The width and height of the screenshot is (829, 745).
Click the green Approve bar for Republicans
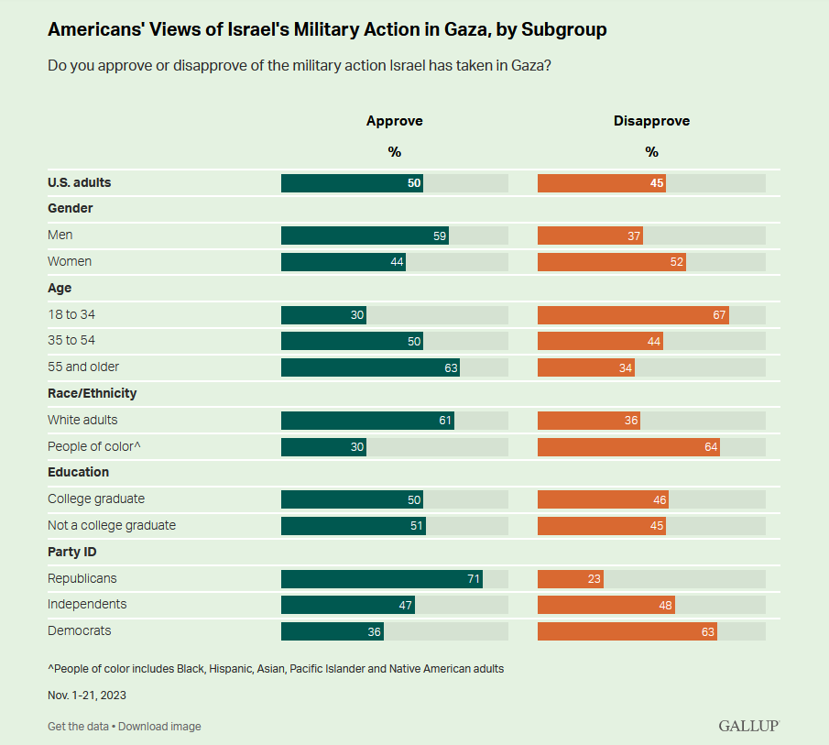pyautogui.click(x=381, y=579)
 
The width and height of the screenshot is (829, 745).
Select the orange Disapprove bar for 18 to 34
pyautogui.click(x=633, y=315)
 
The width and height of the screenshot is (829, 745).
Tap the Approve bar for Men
pyautogui.click(x=365, y=236)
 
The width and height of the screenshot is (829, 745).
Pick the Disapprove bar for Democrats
pyautogui.click(x=627, y=630)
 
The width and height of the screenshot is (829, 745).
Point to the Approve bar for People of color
pyautogui.click(x=323, y=447)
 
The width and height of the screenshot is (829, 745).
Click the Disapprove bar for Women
pyautogui.click(x=611, y=262)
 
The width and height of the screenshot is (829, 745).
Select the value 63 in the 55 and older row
pyautogui.click(x=449, y=367)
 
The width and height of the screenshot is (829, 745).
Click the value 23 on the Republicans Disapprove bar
pyautogui.click(x=594, y=579)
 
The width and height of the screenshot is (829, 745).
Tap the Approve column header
pyautogui.click(x=394, y=121)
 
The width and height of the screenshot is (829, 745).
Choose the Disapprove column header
pyautogui.click(x=651, y=121)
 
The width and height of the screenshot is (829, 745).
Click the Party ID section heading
pyautogui.click(x=72, y=553)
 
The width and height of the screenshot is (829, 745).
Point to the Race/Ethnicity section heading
pyautogui.click(x=92, y=393)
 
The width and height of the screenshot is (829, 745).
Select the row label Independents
pyautogui.click(x=87, y=605)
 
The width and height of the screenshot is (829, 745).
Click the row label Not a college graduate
pyautogui.click(x=112, y=526)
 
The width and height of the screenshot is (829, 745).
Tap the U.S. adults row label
pyautogui.click(x=79, y=183)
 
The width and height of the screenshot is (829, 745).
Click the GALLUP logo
pyautogui.click(x=748, y=726)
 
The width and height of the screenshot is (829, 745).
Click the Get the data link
pyautogui.click(x=78, y=727)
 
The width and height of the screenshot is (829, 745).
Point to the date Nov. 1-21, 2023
pyautogui.click(x=87, y=696)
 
